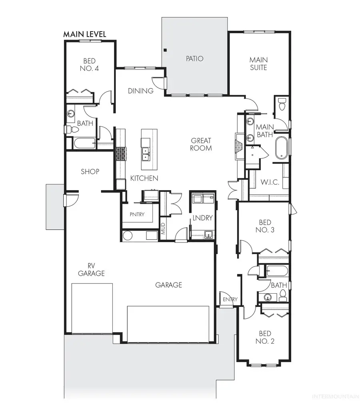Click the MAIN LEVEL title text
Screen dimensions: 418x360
(85, 34)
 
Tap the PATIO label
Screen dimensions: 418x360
(194, 59)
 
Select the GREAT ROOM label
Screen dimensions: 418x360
(201, 144)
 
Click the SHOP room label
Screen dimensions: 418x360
(90, 171)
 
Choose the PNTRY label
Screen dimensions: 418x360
(137, 214)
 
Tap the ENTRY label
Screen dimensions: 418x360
(230, 299)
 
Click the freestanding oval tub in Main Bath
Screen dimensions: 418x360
(282, 149)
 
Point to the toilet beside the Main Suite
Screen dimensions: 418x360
(282, 105)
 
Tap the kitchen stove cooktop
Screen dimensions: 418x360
(121, 154)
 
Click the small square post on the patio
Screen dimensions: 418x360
(164, 50)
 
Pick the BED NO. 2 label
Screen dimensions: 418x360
(265, 338)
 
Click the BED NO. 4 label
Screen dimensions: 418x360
(90, 64)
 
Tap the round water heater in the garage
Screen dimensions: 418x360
(128, 236)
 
